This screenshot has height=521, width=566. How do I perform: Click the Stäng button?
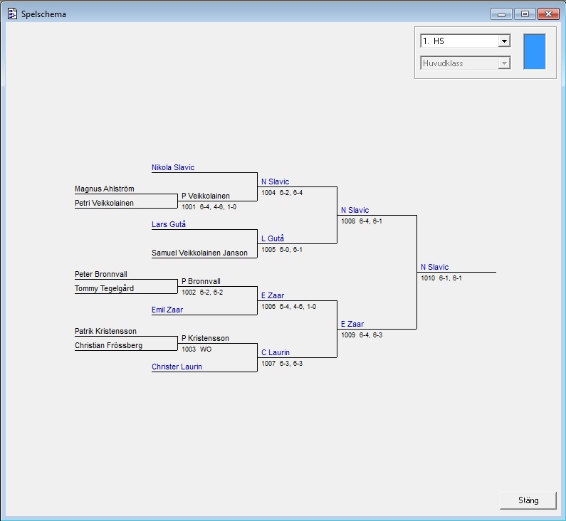pyautogui.click(x=528, y=500)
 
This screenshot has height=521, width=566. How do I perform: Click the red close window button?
pyautogui.click(x=547, y=14)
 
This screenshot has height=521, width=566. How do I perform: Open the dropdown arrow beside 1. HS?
pyautogui.click(x=504, y=41)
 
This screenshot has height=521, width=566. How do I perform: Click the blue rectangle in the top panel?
pyautogui.click(x=534, y=51)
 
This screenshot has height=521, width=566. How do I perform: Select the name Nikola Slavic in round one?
pyautogui.click(x=173, y=168)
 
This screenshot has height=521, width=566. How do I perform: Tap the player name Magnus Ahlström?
pyautogui.click(x=104, y=189)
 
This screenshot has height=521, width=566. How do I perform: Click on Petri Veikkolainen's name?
pyautogui.click(x=104, y=204)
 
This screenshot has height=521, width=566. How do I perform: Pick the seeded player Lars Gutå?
pyautogui.click(x=169, y=225)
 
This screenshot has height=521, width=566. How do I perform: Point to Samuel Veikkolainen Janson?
pyautogui.click(x=199, y=253)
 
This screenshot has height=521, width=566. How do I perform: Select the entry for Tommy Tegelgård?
pyautogui.click(x=104, y=289)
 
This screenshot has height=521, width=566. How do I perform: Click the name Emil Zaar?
pyautogui.click(x=167, y=310)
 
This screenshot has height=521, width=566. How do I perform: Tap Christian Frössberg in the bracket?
pyautogui.click(x=108, y=346)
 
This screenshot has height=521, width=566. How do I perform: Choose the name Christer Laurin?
pyautogui.click(x=177, y=367)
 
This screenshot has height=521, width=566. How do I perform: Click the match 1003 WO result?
pyautogui.click(x=196, y=349)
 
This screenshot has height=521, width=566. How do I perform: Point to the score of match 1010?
pyautogui.click(x=441, y=278)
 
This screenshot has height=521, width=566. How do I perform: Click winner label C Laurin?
pyautogui.click(x=276, y=352)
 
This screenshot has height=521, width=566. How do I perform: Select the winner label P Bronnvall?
pyautogui.click(x=201, y=281)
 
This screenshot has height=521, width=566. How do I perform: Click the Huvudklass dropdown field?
pyautogui.click(x=465, y=63)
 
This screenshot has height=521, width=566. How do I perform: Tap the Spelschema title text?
pyautogui.click(x=44, y=14)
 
